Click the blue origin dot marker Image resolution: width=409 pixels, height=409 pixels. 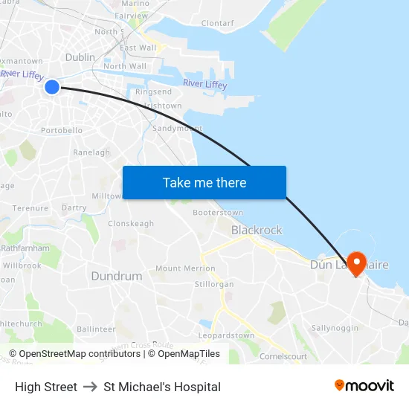(x=52, y=87)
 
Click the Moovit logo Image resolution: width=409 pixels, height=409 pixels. (x=364, y=386)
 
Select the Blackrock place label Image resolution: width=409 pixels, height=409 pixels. (x=257, y=231)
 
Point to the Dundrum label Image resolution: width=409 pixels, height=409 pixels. (x=117, y=276)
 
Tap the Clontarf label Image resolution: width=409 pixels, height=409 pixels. (x=217, y=24)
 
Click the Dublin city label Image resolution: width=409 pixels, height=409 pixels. (x=80, y=57)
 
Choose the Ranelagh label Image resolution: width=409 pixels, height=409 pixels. (x=91, y=152)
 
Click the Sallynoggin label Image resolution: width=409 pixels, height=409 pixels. (x=335, y=328)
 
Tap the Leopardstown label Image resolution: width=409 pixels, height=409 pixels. (x=226, y=336)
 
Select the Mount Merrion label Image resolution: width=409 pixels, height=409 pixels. (x=185, y=268)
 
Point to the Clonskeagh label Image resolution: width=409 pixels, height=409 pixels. (x=131, y=224)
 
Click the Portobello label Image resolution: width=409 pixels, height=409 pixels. (x=62, y=130)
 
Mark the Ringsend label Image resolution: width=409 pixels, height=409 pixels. (x=153, y=92)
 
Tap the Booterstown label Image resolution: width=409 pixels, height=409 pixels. (x=218, y=213)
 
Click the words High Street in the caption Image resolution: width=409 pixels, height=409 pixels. (x=46, y=387)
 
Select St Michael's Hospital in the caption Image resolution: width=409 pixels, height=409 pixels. (x=162, y=387)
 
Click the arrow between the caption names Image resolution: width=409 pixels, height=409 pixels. (x=90, y=387)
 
